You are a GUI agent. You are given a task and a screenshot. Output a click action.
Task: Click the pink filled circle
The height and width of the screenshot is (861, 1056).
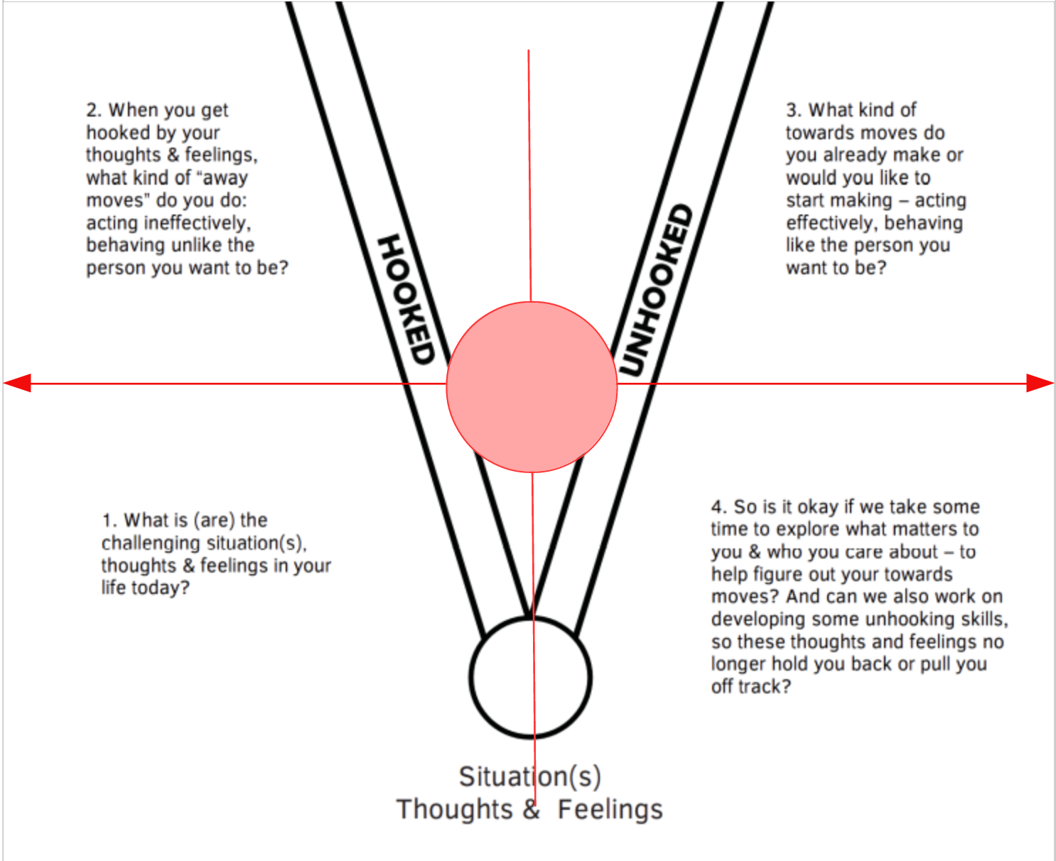[532, 387]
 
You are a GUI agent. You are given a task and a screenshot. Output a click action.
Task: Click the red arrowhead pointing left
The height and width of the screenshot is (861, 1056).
[18, 384]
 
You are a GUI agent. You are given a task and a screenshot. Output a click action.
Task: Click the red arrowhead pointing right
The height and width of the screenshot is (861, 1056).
[1040, 384]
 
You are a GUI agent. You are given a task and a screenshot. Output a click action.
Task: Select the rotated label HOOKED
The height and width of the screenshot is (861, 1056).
[405, 299]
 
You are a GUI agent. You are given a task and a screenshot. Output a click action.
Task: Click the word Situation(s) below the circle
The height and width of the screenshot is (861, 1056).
[529, 776]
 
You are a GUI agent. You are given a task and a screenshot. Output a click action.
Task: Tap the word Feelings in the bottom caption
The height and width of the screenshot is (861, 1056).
[610, 809]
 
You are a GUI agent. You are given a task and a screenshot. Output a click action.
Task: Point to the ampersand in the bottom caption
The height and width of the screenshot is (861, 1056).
[532, 809]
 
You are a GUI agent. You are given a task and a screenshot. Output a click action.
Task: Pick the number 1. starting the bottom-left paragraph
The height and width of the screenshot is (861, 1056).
[109, 520]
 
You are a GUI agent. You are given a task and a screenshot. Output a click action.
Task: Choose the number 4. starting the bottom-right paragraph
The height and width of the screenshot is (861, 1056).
[718, 507]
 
